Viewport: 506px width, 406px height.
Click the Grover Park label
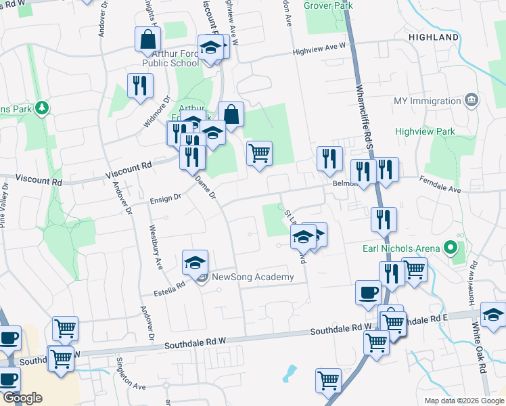tap(328, 5)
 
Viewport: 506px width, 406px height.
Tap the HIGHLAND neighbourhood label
tap(434, 37)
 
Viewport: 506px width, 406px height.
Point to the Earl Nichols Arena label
tap(400, 248)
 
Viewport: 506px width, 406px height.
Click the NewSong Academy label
tap(253, 277)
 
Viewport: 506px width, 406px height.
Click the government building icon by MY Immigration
tap(472, 101)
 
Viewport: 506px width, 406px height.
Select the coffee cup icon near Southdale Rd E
tap(368, 292)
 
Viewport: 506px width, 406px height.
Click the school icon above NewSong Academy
tap(195, 261)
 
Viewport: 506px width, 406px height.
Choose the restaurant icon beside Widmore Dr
tap(140, 85)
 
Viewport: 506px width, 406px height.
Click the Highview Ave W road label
tap(319, 51)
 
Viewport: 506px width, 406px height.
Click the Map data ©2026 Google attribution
tap(464, 401)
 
